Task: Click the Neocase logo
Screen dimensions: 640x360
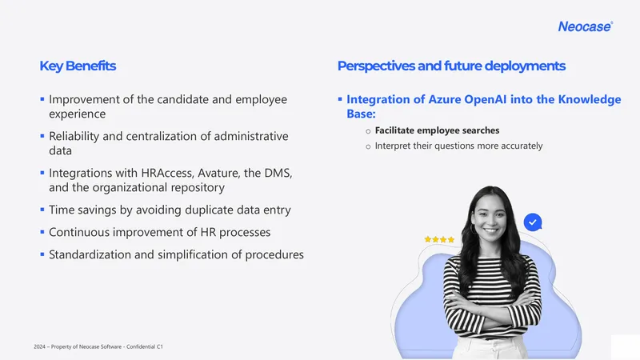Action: click(x=586, y=26)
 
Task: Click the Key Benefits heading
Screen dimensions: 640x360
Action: click(x=78, y=66)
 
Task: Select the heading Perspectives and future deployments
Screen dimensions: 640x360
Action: click(x=451, y=66)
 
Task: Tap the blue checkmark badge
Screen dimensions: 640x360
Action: click(x=533, y=222)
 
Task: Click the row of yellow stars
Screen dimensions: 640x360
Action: click(x=439, y=239)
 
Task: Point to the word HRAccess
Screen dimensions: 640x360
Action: click(x=167, y=173)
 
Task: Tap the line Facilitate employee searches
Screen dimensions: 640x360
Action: click(x=437, y=130)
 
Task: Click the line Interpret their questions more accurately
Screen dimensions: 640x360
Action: click(x=458, y=146)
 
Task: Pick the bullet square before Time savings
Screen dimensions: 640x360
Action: click(x=42, y=210)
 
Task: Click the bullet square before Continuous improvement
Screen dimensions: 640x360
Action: click(x=42, y=232)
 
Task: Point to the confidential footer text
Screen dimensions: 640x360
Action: click(x=98, y=346)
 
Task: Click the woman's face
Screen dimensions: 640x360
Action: click(x=491, y=216)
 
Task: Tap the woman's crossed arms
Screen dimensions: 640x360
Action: click(x=493, y=311)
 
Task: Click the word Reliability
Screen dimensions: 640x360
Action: click(x=74, y=136)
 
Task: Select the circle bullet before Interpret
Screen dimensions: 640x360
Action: click(x=368, y=146)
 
